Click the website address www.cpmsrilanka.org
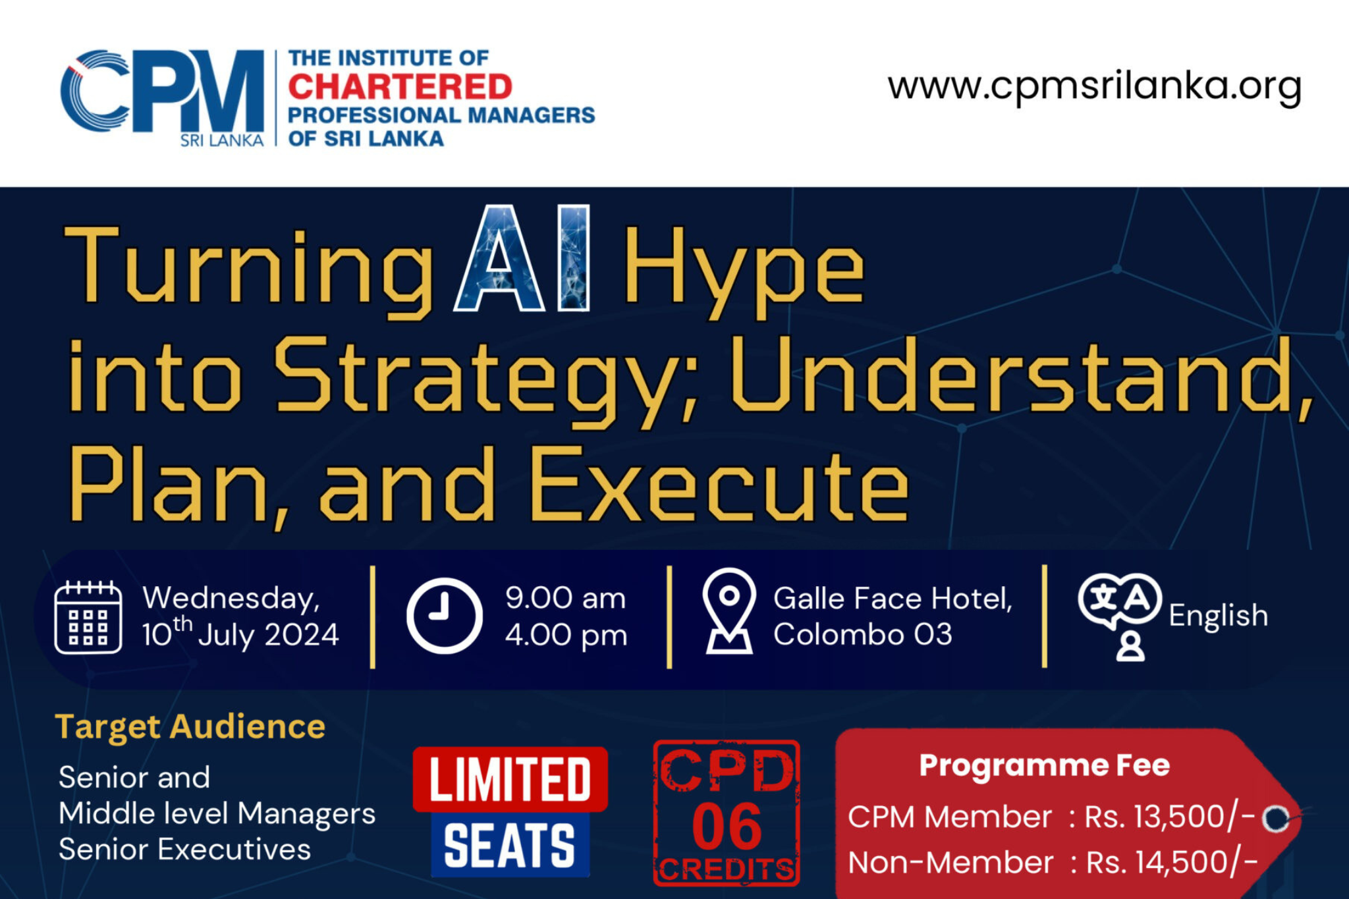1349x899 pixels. tap(1094, 86)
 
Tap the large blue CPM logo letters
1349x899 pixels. tap(163, 91)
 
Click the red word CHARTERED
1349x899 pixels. tap(400, 87)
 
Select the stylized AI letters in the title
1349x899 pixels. tap(522, 258)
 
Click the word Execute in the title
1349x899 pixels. tap(719, 486)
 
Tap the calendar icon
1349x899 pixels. tap(88, 618)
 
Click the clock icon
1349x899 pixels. tap(445, 616)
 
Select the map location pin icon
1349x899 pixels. tap(729, 611)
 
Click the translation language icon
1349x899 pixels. tap(1120, 616)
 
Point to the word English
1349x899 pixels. tap(1219, 616)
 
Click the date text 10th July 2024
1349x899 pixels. tap(240, 634)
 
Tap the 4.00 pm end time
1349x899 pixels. tap(566, 636)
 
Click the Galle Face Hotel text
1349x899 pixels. tap(893, 599)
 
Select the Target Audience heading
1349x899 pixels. tap(190, 727)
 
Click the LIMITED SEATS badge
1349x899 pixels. tap(510, 812)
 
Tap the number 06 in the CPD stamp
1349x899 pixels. tap(727, 826)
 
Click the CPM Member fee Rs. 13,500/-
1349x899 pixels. tap(1170, 817)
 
